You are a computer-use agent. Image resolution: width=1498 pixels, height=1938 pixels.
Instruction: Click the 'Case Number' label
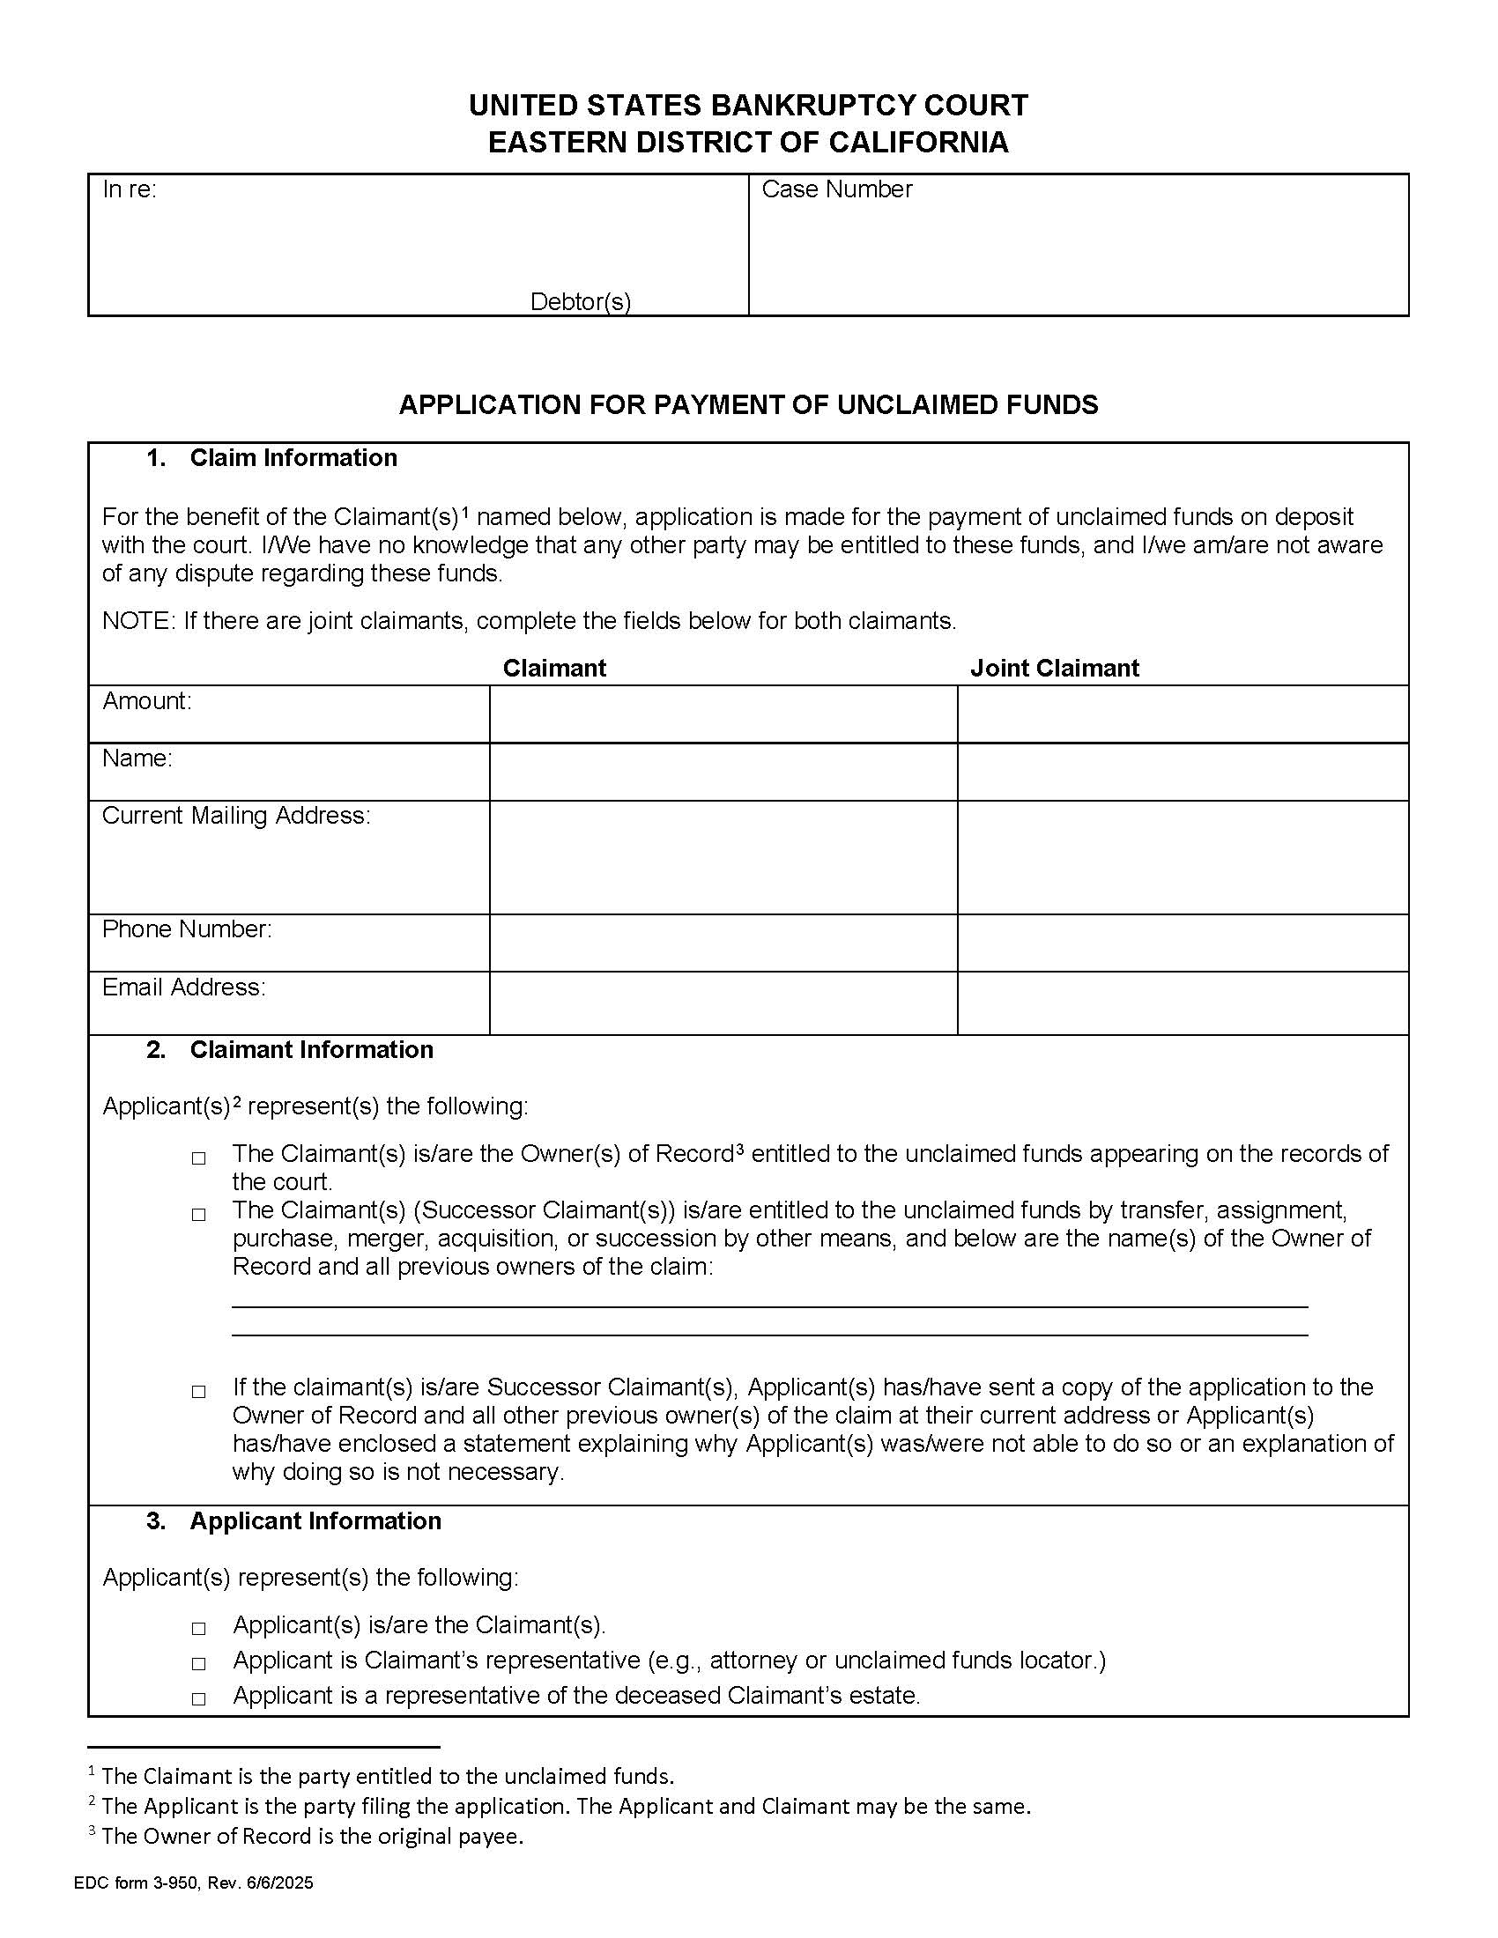tap(836, 189)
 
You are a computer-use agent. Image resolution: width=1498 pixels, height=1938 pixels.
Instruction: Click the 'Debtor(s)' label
tap(581, 301)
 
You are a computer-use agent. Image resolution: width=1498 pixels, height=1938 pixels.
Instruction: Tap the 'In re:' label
tap(130, 189)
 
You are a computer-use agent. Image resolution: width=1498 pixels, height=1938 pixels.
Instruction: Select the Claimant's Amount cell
tap(723, 714)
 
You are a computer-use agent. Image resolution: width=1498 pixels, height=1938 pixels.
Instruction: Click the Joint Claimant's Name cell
tap(1182, 771)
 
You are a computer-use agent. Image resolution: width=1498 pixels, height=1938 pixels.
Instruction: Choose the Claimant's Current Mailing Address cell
tap(723, 856)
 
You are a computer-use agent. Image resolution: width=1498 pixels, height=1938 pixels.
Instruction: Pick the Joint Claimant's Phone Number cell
tap(1182, 943)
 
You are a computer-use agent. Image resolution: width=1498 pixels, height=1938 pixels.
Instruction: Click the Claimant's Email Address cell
tap(723, 1002)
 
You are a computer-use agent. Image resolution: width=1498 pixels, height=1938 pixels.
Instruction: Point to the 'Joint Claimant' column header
tap(1053, 668)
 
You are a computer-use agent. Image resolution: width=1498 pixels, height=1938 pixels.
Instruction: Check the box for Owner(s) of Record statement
tap(199, 1158)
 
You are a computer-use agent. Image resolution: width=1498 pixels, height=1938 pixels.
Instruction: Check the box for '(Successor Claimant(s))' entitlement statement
tap(199, 1215)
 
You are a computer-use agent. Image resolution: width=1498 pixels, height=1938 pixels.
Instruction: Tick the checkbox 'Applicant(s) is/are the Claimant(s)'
tap(199, 1628)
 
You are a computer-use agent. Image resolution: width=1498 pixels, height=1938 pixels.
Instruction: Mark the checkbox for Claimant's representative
tap(199, 1663)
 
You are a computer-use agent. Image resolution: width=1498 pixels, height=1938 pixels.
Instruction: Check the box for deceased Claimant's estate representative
tap(199, 1698)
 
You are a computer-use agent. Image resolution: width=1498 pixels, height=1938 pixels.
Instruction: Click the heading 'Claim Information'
tap(293, 458)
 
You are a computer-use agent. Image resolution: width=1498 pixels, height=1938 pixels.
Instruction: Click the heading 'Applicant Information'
tap(315, 1521)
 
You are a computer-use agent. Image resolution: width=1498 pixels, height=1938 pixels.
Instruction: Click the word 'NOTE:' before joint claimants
tap(139, 621)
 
